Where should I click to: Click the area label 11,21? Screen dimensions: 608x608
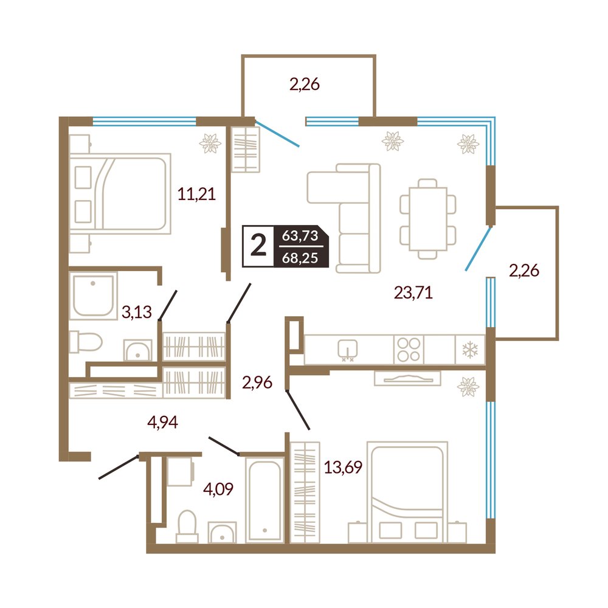pyautogui.click(x=196, y=193)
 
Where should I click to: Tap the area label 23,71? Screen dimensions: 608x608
pyautogui.click(x=413, y=292)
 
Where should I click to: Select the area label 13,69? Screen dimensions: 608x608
pyautogui.click(x=343, y=467)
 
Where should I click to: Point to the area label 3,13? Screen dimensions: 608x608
pyautogui.click(x=136, y=311)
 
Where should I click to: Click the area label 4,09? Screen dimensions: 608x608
pyautogui.click(x=218, y=489)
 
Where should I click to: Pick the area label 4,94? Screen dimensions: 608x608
pyautogui.click(x=162, y=422)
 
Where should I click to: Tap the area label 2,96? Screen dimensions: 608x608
pyautogui.click(x=257, y=382)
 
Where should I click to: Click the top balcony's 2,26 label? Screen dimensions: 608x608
pyautogui.click(x=305, y=84)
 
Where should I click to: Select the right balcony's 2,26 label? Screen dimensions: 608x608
pyautogui.click(x=524, y=271)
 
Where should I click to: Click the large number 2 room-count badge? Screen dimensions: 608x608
pyautogui.click(x=258, y=246)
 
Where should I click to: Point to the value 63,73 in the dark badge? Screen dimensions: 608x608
pyautogui.click(x=300, y=235)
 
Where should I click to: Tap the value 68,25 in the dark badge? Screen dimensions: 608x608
pyautogui.click(x=300, y=257)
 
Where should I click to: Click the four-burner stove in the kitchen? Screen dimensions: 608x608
pyautogui.click(x=409, y=350)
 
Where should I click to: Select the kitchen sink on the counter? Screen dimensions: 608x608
pyautogui.click(x=347, y=350)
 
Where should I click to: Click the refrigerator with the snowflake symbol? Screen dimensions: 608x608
pyautogui.click(x=469, y=350)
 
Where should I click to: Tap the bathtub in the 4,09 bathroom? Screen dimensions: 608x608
pyautogui.click(x=265, y=499)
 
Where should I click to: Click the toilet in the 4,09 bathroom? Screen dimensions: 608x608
pyautogui.click(x=187, y=526)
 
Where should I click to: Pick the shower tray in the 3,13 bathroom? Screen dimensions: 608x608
pyautogui.click(x=93, y=295)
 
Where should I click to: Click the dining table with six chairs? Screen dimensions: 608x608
pyautogui.click(x=428, y=219)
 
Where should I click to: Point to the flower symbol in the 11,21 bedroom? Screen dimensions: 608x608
pyautogui.click(x=210, y=143)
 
